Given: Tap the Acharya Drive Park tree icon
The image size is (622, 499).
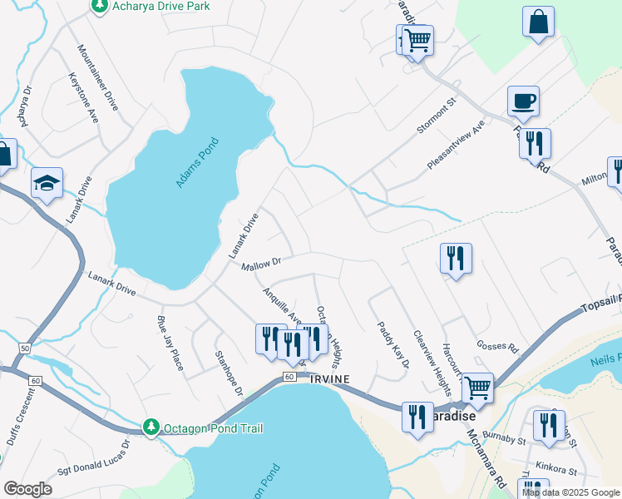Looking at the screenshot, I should pos(99,7).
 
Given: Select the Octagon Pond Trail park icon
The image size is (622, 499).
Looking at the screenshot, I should pos(151,427).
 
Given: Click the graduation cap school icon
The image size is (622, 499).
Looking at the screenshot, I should pos(47,183).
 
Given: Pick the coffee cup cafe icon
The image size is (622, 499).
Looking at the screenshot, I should pos(523,101).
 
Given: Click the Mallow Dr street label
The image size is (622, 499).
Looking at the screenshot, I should pos(261,264).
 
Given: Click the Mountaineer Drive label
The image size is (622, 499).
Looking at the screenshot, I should pos(98,78).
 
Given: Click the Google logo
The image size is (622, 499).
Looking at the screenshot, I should pos(27,489).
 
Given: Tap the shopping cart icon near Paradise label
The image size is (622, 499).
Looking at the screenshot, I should pos(476,387).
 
